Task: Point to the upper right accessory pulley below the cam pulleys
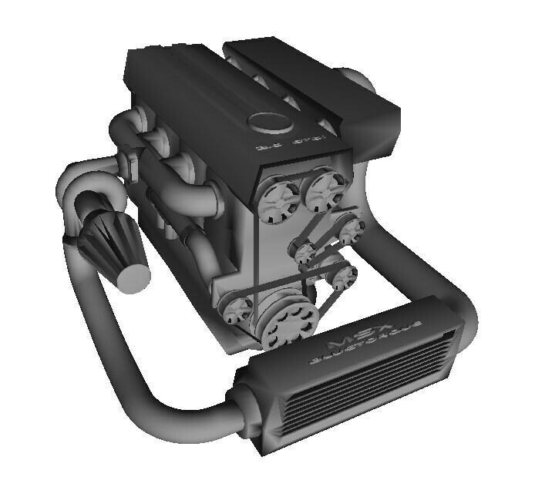pos(351,228)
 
